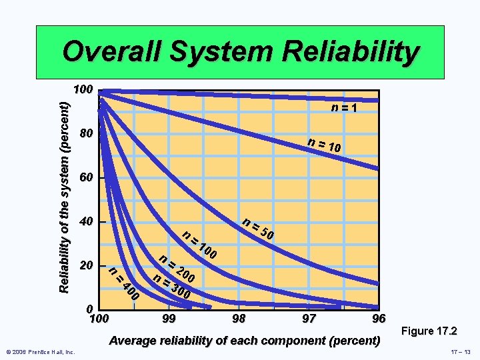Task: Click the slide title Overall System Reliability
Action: (241, 51)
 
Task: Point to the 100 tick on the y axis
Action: (83, 90)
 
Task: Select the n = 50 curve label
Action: (258, 229)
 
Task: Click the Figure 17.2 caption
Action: (430, 331)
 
